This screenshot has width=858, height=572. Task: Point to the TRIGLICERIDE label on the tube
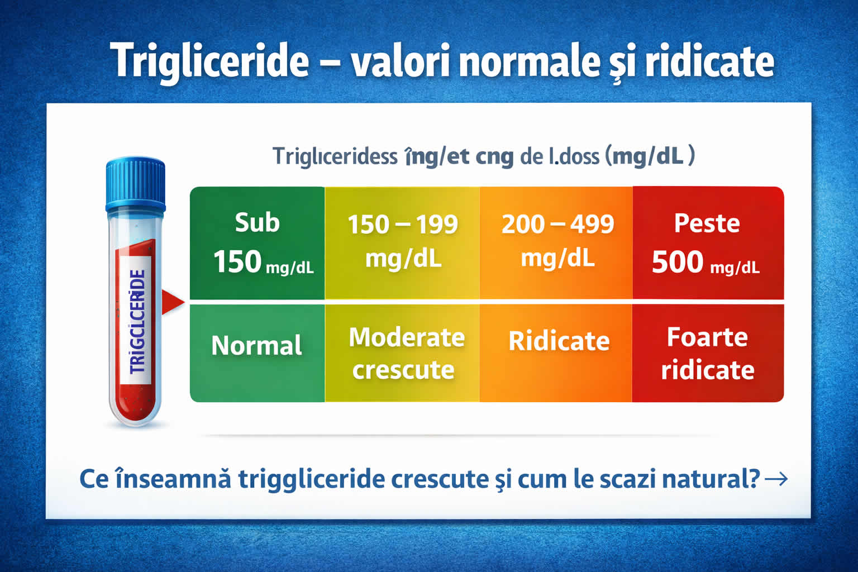[x=137, y=322]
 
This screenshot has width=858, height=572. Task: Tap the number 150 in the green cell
[x=237, y=262]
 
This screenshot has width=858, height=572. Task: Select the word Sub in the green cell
[x=257, y=223]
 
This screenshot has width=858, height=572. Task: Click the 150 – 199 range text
[x=403, y=225]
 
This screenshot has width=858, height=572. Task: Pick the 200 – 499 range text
[x=557, y=225]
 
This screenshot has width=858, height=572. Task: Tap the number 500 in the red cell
[x=678, y=262]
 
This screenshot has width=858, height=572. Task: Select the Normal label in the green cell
[x=256, y=346]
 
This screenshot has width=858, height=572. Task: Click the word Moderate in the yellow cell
[x=407, y=337]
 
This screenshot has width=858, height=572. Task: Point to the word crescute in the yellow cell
[x=403, y=370]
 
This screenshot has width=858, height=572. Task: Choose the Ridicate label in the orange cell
[x=559, y=341]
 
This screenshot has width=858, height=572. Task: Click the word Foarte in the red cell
[x=707, y=337]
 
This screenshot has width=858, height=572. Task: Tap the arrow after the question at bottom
[x=776, y=479]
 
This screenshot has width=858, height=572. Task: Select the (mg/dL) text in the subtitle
[x=650, y=156]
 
